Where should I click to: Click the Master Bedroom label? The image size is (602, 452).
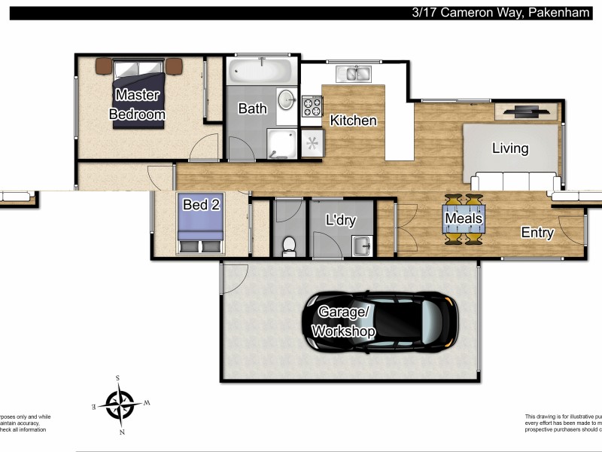(x=137, y=105)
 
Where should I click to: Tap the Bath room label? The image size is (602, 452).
(x=252, y=108)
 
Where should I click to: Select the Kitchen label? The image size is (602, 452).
(x=353, y=120)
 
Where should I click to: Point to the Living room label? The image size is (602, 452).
(x=510, y=148)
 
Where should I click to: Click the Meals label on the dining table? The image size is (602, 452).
(x=464, y=219)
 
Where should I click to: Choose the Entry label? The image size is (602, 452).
(x=537, y=233)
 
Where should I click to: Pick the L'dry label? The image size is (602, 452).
(x=340, y=221)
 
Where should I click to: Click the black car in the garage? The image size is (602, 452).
(x=380, y=322)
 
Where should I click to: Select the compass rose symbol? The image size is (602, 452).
(x=119, y=405)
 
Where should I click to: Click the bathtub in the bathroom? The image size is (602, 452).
(x=261, y=72)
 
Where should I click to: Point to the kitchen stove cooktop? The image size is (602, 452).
(x=312, y=106)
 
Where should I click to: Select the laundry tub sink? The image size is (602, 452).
(x=362, y=244)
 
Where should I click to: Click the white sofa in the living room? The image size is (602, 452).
(x=515, y=182)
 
